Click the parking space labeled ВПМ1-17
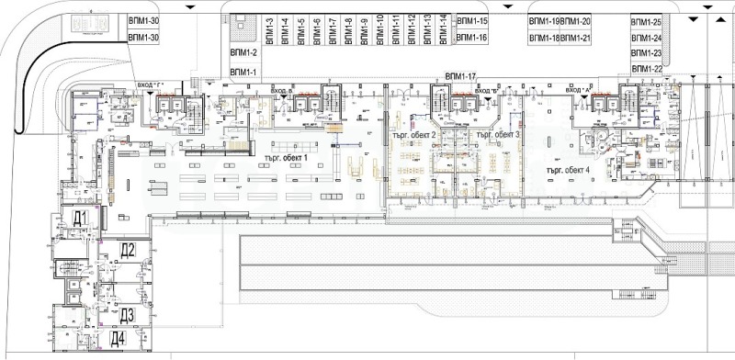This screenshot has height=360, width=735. pyautogui.click(x=459, y=75)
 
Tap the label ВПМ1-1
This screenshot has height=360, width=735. pyautogui.click(x=243, y=72)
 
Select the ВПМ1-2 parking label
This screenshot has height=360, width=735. pyautogui.click(x=243, y=53)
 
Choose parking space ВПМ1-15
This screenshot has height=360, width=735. pyautogui.click(x=471, y=20)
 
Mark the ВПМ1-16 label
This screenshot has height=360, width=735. pyautogui.click(x=471, y=38)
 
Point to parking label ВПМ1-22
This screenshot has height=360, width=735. pyautogui.click(x=646, y=69)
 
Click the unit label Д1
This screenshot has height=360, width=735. pyautogui.click(x=80, y=218)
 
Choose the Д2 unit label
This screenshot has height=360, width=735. pyautogui.click(x=129, y=250)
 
